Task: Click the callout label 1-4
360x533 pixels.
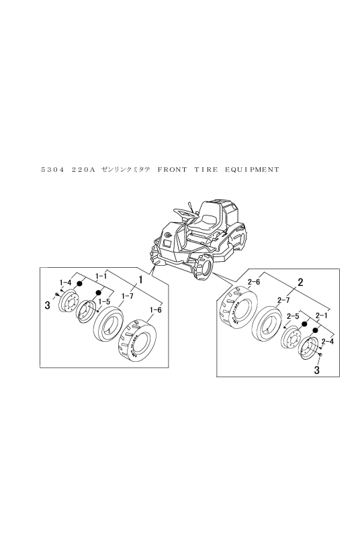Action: [x=65, y=282]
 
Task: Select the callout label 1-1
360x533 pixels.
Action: [x=101, y=276]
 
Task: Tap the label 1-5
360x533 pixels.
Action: [x=104, y=301]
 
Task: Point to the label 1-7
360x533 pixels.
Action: [x=127, y=297]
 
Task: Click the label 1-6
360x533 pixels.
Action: [x=155, y=310]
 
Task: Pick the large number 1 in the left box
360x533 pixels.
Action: [x=140, y=280]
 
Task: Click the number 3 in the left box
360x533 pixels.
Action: [x=47, y=305]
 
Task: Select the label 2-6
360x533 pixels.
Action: [x=254, y=282]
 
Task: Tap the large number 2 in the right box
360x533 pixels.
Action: [x=300, y=282]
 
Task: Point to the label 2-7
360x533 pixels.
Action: [x=283, y=300]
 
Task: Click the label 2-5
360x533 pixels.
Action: [x=292, y=316]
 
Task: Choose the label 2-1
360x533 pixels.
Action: [x=321, y=316]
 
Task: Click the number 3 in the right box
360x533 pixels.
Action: [x=317, y=370]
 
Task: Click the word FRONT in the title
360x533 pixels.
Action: [x=172, y=169]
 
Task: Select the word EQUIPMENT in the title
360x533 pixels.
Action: [x=252, y=169]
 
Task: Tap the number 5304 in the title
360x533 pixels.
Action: [x=52, y=169]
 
